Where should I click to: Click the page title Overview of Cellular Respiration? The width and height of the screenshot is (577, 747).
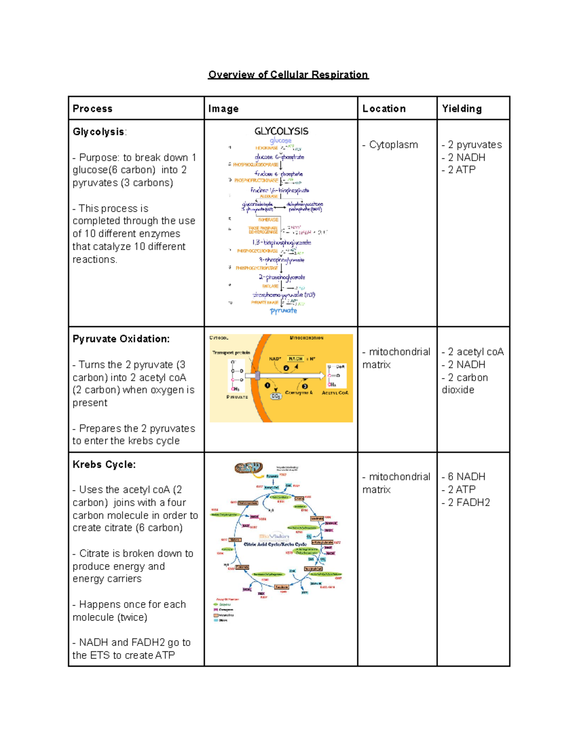tap(288, 75)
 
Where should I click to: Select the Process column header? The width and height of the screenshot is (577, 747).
tap(92, 109)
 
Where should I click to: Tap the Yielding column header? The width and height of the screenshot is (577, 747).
tap(462, 109)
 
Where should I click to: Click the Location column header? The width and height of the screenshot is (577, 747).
tap(384, 109)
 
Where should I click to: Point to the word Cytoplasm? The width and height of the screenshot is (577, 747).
tap(393, 145)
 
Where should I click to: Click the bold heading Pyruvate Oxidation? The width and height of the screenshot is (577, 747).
tap(121, 339)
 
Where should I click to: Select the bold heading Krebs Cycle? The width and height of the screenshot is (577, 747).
tap(104, 464)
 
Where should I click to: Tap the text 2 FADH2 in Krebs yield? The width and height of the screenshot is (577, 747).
tap(469, 502)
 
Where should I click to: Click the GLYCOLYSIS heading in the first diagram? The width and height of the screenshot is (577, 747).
tap(281, 131)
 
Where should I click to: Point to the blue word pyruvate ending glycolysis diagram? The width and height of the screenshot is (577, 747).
tap(283, 311)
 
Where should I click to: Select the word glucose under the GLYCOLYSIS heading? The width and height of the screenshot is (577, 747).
tap(280, 140)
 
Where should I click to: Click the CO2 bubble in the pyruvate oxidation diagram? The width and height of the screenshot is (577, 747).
tap(276, 396)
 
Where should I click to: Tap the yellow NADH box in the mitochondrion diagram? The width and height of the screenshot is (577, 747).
tap(295, 359)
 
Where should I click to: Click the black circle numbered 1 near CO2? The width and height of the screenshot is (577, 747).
tap(268, 385)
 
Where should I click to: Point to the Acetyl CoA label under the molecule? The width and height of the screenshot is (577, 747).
tap(335, 393)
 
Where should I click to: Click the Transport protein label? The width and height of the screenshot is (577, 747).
tap(231, 353)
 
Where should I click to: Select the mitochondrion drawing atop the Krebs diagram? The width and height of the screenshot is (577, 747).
tap(249, 468)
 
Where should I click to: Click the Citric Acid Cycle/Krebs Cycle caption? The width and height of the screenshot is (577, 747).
tap(275, 544)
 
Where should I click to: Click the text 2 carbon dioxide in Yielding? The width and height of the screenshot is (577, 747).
tap(464, 384)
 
